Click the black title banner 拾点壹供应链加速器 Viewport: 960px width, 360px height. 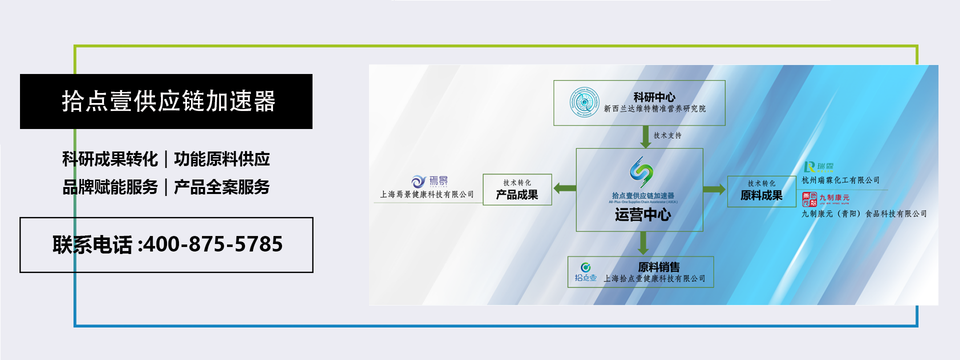pos(166,101)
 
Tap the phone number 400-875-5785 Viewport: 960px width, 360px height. pos(212,244)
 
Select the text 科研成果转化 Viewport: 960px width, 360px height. pos(110,159)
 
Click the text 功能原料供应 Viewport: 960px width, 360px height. pos(222,159)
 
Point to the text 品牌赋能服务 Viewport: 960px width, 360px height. pos(110,187)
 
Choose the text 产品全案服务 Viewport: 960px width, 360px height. pos(222,187)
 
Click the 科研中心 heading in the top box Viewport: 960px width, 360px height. pos(654,97)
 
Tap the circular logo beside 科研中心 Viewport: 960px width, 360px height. pos(584,102)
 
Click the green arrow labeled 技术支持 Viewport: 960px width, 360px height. pos(645,136)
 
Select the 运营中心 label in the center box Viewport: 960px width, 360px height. pos(642,215)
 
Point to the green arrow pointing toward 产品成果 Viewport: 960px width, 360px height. pos(564,188)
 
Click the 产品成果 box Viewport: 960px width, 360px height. pos(517,190)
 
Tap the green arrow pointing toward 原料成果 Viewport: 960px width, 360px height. pos(714,189)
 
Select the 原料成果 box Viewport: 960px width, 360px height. pos(761,191)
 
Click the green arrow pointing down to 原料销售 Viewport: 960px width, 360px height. pos(643,243)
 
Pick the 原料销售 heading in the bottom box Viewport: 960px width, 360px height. pos(658,267)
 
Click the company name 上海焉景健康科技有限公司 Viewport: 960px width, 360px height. pos(426,194)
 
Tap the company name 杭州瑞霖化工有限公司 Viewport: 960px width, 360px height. pos(840,180)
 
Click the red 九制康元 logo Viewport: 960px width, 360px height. pos(809,199)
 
